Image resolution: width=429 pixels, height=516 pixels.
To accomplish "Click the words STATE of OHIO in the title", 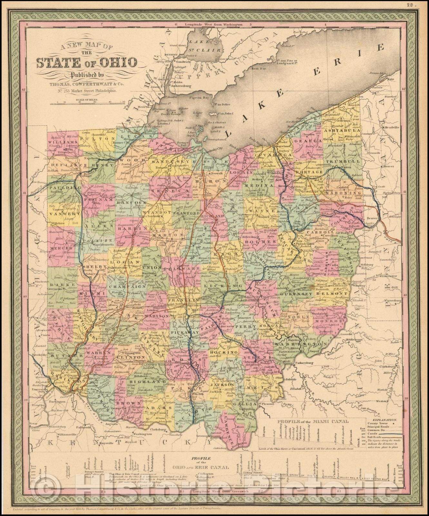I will click(x=86, y=63).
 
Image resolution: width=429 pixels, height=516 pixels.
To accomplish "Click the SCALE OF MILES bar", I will click(x=88, y=103).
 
